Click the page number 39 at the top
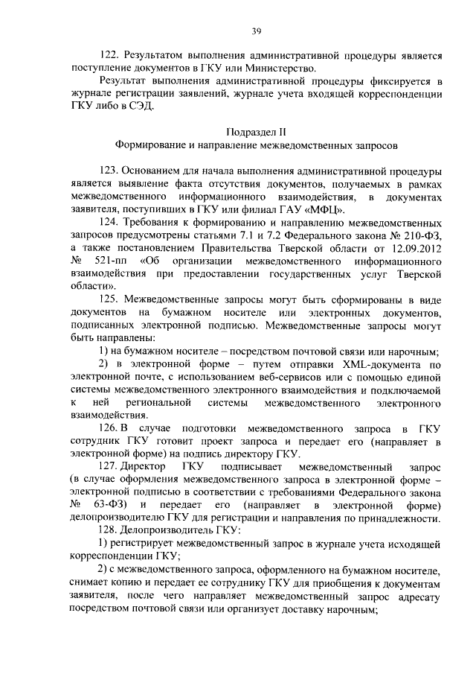point(255,31)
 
